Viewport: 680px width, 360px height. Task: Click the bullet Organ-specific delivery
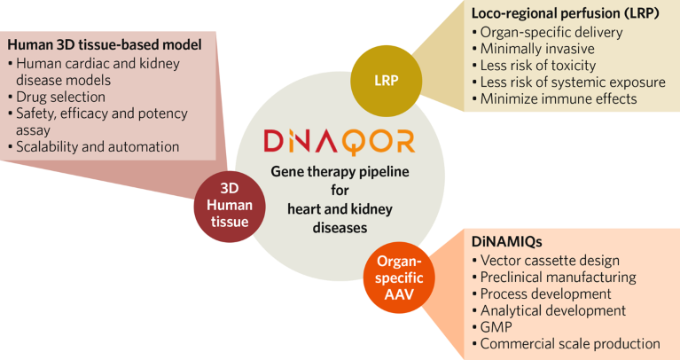click(x=551, y=32)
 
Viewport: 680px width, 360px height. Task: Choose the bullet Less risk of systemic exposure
click(x=573, y=82)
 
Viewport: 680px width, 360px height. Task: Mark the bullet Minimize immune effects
click(x=559, y=99)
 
